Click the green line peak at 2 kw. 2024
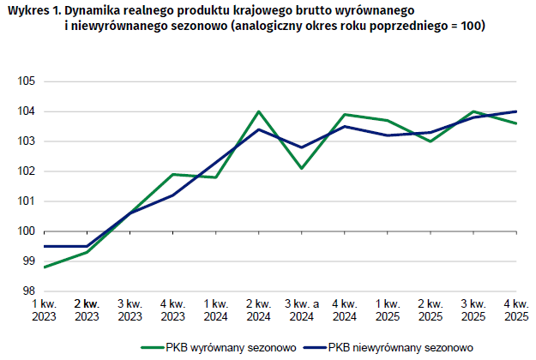[259, 111]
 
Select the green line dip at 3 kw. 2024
[302, 168]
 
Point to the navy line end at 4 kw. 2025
[516, 111]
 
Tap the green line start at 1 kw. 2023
[45, 267]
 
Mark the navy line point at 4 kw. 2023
[173, 195]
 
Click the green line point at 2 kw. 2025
[431, 141]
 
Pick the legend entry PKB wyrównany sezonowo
[219, 348]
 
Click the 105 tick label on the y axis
[27, 81]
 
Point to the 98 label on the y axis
[29, 291]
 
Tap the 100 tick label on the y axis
[27, 231]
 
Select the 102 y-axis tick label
[27, 171]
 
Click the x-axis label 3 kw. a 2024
[302, 310]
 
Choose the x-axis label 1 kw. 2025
[388, 310]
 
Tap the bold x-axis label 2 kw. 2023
[87, 310]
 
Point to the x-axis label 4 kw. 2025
[516, 310]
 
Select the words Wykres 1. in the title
[34, 11]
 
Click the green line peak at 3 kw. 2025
[473, 111]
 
